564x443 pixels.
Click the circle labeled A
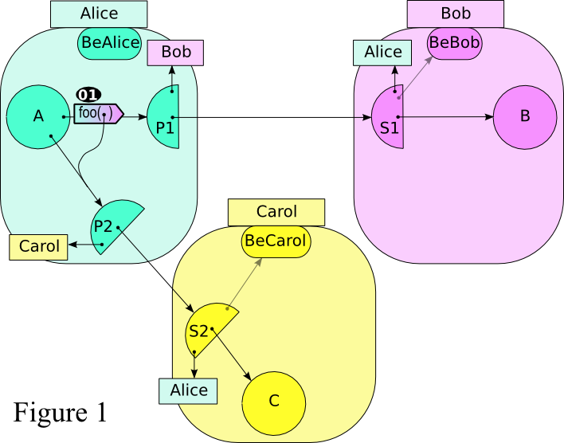coord(37,116)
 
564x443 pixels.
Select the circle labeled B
coord(524,116)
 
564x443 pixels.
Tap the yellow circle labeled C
coord(273,401)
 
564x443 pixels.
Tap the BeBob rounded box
coord(454,42)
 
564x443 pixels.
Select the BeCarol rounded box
coord(275,241)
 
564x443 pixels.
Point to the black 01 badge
coord(88,94)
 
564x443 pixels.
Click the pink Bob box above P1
coord(176,53)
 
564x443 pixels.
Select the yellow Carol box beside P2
coord(39,247)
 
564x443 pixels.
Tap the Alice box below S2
coord(188,390)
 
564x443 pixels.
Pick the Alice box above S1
coord(382,53)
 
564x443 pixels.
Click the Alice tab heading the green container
coord(99,14)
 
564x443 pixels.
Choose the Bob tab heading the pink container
coord(455,14)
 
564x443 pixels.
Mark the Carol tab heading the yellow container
coord(276,212)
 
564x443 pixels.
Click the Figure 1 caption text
coord(60,412)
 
